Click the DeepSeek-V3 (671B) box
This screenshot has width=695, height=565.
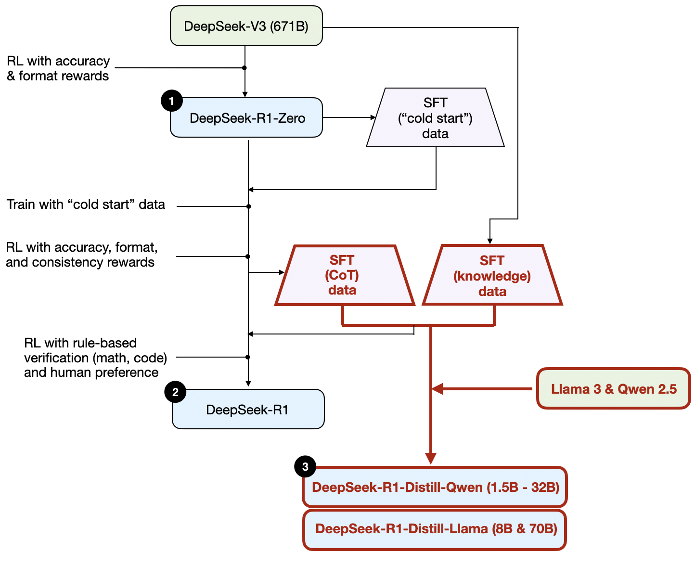point(246,26)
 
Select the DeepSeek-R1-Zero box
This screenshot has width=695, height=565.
point(246,118)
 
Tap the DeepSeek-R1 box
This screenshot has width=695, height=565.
point(248,410)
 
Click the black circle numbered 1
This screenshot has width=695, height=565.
point(171,101)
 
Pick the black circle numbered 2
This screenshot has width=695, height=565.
point(175,392)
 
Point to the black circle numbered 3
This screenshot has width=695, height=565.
point(305,466)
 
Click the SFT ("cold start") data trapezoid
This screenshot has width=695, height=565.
point(435,118)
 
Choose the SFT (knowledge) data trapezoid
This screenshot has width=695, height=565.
point(492,276)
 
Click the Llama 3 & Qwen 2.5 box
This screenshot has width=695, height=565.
point(614,389)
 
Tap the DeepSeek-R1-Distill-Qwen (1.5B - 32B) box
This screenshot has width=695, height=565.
point(435,487)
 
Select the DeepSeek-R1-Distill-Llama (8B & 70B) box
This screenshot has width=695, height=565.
point(435,529)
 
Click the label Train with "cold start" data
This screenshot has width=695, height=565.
point(86,205)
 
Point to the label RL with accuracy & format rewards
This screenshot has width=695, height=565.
point(58,68)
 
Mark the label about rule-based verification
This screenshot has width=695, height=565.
point(95,358)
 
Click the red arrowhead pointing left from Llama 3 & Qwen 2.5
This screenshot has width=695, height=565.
point(437,389)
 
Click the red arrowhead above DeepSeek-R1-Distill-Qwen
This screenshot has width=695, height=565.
point(431,458)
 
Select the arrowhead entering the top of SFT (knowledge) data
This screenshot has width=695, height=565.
point(490,241)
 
